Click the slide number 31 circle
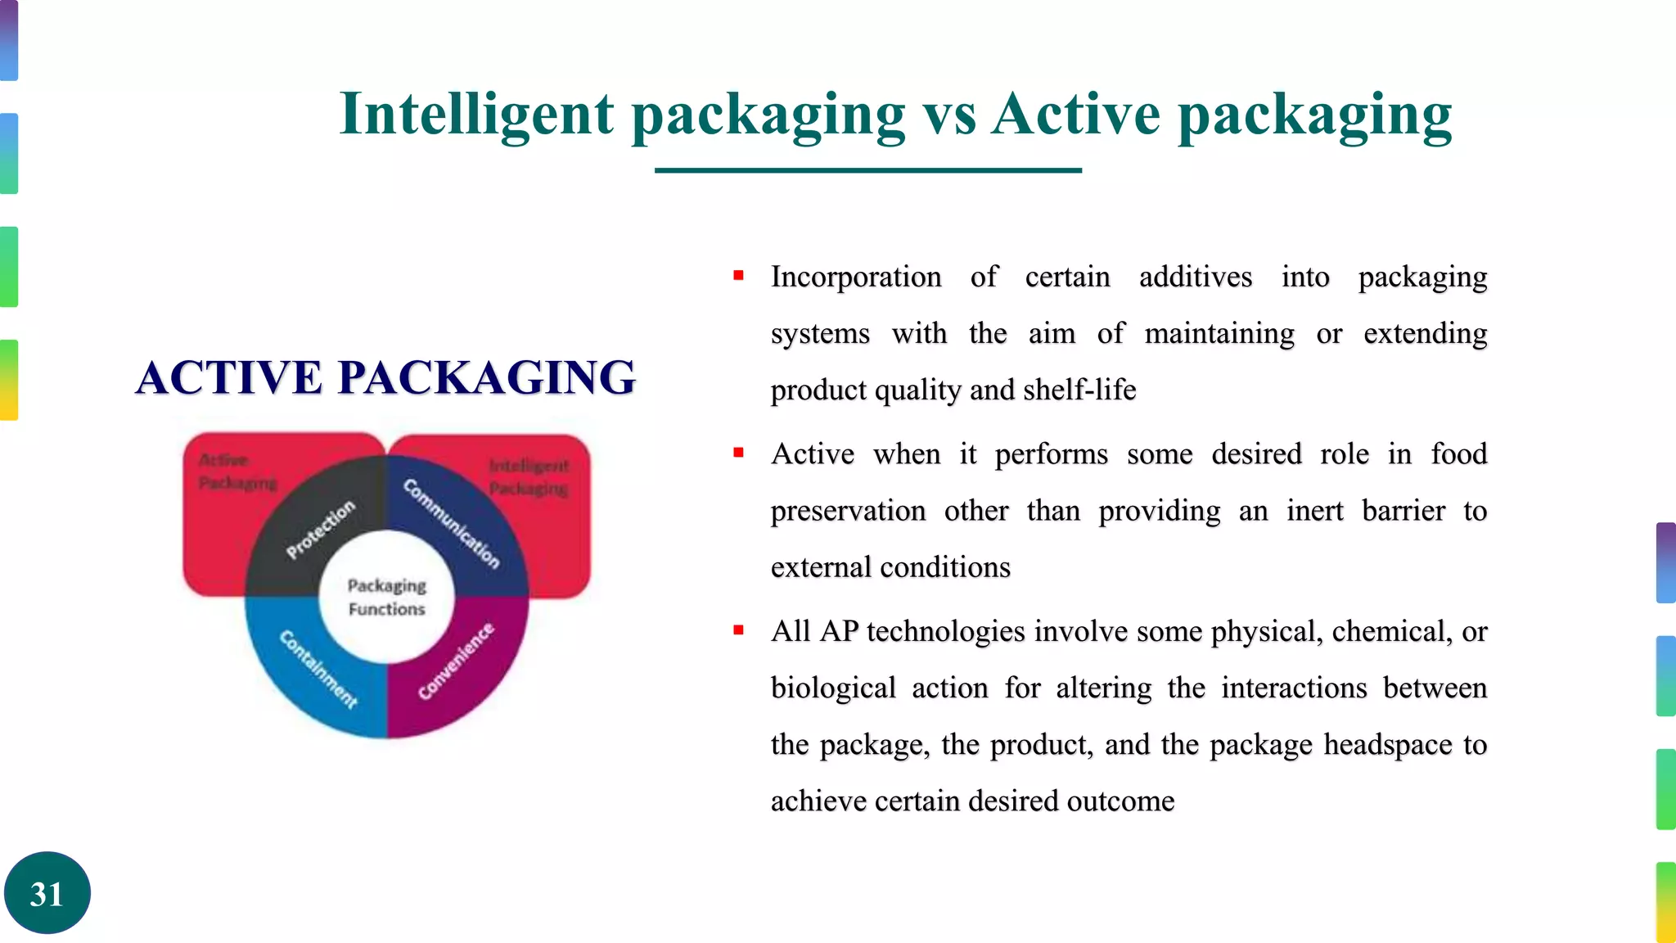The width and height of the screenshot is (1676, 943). (47, 893)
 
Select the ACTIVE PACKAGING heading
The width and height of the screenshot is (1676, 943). (385, 377)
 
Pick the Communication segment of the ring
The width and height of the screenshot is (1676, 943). (452, 524)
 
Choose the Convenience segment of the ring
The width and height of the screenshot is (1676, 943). (456, 661)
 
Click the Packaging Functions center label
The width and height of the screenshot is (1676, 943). (387, 597)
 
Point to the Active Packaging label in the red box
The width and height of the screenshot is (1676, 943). (237, 471)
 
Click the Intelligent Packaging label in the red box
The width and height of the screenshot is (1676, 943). (529, 477)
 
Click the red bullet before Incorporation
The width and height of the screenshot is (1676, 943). (738, 276)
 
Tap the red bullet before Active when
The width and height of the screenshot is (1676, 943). (738, 453)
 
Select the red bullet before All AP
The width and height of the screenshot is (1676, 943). (738, 630)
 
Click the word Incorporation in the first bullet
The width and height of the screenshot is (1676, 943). (856, 277)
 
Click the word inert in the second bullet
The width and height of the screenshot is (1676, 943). (1314, 511)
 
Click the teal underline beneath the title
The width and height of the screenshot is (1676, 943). (867, 170)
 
